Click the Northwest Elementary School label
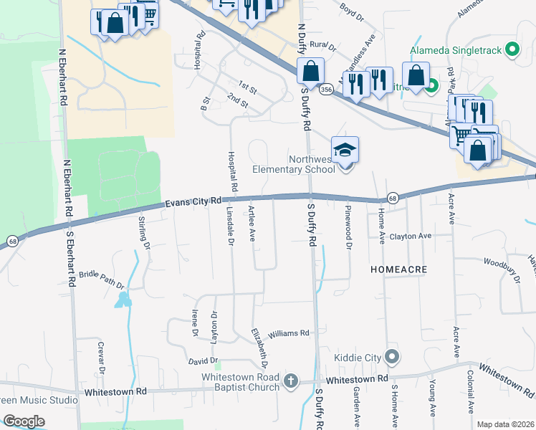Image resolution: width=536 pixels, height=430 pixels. coord(294,164)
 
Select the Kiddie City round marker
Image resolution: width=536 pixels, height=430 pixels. coord(391,356)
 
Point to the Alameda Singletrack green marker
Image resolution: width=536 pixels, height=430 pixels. coord(512,50)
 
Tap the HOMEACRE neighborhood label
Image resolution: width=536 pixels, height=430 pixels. coord(399,269)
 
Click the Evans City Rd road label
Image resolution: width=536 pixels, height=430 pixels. coord(193,204)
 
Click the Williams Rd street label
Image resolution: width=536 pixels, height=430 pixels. coord(288,334)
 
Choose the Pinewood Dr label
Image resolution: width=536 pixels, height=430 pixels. coord(348,228)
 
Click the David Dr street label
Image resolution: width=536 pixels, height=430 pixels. coord(203,360)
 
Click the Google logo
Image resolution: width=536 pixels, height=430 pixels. coord(24,421)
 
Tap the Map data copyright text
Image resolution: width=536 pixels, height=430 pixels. coord(505,424)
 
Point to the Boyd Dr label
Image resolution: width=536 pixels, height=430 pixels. coord(352,10)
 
